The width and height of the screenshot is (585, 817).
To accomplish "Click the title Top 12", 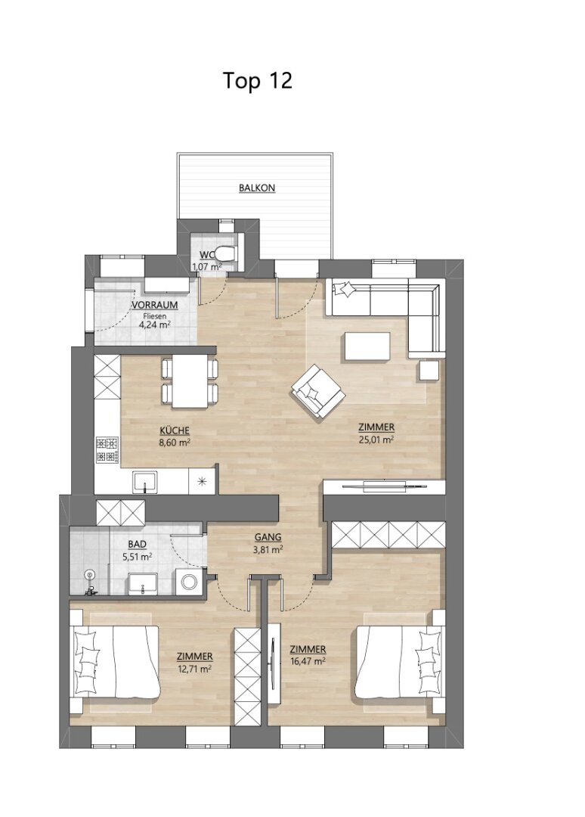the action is (x=258, y=81).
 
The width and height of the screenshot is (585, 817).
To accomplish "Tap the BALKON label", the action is (x=256, y=188).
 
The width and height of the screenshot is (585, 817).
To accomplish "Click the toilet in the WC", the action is (x=227, y=253).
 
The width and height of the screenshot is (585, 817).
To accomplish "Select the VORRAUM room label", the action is (x=155, y=305).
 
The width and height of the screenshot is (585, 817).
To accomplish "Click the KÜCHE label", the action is (x=175, y=431).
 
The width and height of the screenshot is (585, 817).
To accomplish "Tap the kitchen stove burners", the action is (x=107, y=450).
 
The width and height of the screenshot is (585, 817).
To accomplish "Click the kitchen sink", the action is (x=145, y=482).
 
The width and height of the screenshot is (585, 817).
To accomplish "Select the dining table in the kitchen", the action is (x=189, y=381).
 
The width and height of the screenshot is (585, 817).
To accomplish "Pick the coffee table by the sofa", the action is (x=367, y=346).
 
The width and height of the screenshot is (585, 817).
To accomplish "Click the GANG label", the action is (x=268, y=537).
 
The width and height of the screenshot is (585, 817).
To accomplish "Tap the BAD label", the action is (x=137, y=545).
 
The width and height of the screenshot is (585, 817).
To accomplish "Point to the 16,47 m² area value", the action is (x=308, y=662).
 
